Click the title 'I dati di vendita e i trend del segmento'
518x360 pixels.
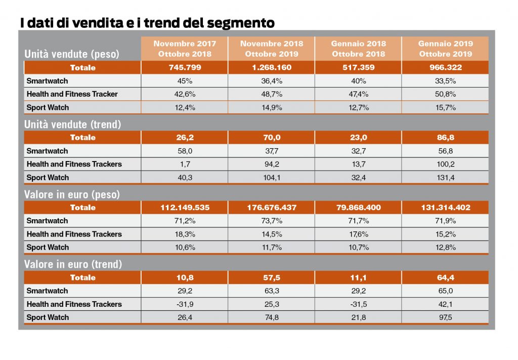[x=147, y=23]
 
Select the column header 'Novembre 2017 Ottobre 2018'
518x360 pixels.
[x=185, y=49]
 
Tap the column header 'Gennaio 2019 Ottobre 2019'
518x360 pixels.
[x=445, y=49]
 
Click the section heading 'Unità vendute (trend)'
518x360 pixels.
[x=73, y=125]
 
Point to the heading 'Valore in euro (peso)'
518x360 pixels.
[x=72, y=194]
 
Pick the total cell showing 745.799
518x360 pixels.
[x=185, y=68]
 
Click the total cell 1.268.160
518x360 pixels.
[x=271, y=68]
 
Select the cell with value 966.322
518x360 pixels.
[x=445, y=68]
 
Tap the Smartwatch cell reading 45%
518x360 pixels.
[x=185, y=81]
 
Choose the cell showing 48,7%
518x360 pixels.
[x=271, y=94]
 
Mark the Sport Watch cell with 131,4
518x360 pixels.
[x=445, y=178]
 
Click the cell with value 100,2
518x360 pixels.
[x=445, y=164]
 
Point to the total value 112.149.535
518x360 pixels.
[x=185, y=208]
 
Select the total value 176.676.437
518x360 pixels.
[x=271, y=208]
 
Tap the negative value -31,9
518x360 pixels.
[x=185, y=304]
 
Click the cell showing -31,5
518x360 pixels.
[x=358, y=304]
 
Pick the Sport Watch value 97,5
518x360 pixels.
[x=445, y=317]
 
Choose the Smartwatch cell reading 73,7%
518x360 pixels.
[x=271, y=221]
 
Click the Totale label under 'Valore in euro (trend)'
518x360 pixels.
[x=83, y=277]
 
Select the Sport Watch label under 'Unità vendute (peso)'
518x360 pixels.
[x=48, y=108]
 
